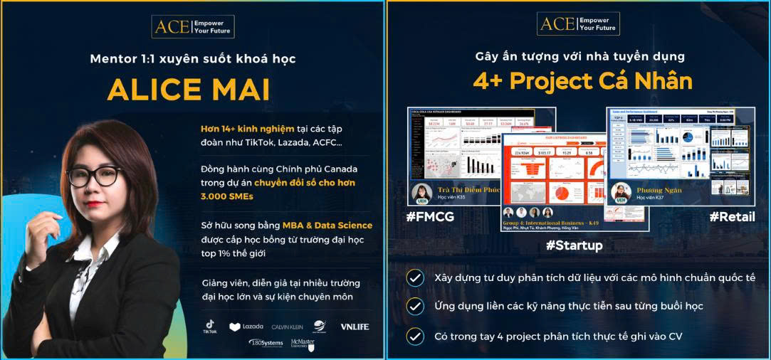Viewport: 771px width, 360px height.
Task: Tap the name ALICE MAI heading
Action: (x=189, y=90)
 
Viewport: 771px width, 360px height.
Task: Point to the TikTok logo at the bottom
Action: (x=210, y=327)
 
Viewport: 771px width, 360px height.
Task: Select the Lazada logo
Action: (x=246, y=327)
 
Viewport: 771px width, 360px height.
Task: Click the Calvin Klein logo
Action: (x=287, y=327)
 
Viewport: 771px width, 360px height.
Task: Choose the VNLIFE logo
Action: (x=355, y=327)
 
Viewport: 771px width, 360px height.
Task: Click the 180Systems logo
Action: (x=266, y=343)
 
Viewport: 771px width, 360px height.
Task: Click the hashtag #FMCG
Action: (x=431, y=217)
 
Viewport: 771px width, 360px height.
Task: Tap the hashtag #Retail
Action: (x=732, y=217)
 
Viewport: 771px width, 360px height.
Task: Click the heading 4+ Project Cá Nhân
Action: (x=582, y=81)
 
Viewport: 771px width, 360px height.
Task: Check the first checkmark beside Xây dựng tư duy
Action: (x=415, y=277)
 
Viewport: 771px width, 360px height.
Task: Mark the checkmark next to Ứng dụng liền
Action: (x=415, y=306)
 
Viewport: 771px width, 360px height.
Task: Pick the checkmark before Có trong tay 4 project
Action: (x=415, y=335)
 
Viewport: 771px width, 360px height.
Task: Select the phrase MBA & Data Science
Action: (x=327, y=225)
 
